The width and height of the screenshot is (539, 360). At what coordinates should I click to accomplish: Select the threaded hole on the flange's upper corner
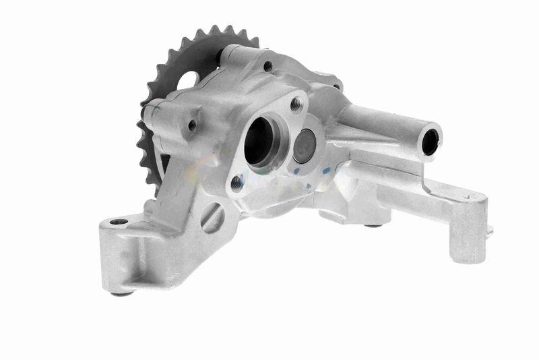pyautogui.click(x=296, y=103)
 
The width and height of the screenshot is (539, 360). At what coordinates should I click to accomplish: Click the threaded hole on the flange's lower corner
pyautogui.click(x=236, y=182)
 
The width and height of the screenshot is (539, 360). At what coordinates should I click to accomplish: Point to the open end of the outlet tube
pyautogui.click(x=429, y=140)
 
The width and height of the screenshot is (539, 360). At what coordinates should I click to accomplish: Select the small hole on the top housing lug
pyautogui.click(x=267, y=66)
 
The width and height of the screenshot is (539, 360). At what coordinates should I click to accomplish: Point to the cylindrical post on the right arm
pyautogui.click(x=468, y=233)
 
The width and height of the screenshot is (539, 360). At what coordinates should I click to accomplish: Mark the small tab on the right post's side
pyautogui.click(x=490, y=231)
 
